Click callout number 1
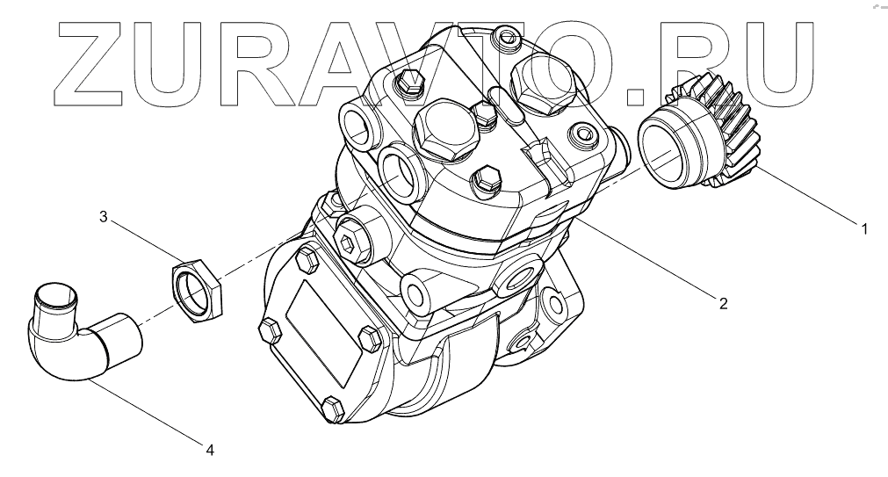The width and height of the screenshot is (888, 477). [864, 229]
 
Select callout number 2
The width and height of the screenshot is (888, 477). [723, 304]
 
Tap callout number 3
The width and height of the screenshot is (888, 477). [103, 216]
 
